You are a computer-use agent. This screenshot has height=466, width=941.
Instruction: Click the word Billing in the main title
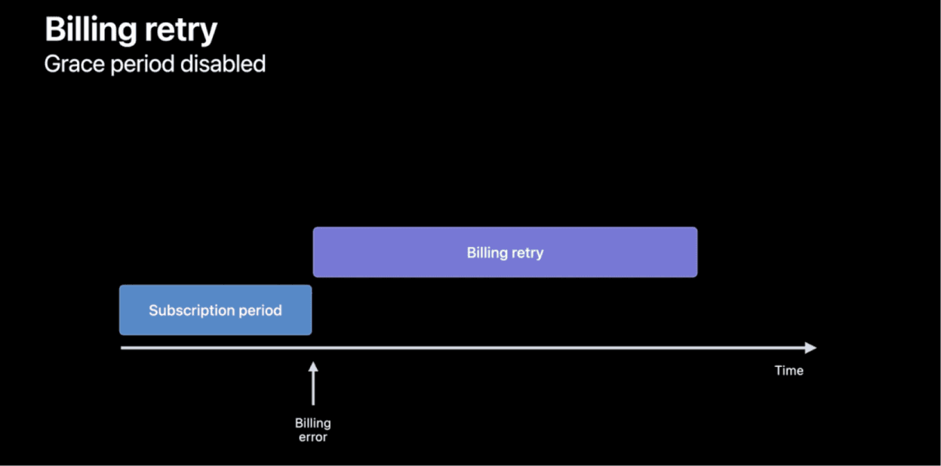coord(89,30)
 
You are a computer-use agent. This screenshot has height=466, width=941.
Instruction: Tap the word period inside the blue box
coord(260,311)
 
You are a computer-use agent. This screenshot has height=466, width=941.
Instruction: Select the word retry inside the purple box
coord(527,253)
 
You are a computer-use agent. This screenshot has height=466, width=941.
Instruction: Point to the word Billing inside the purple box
coord(487,253)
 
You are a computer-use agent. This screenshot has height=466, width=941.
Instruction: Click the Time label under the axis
coord(789,370)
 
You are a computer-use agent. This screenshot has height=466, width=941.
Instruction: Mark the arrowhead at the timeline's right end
coord(811,348)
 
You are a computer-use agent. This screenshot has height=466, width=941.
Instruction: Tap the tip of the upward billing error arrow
coord(313,364)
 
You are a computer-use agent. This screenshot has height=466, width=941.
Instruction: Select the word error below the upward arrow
coord(312,437)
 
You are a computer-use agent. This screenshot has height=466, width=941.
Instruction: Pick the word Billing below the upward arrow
coord(312,424)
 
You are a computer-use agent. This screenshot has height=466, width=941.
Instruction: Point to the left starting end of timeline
coord(122,348)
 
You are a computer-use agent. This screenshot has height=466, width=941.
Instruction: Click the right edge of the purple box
coord(697,252)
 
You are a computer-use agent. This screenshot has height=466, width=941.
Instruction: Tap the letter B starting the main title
coord(54,30)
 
